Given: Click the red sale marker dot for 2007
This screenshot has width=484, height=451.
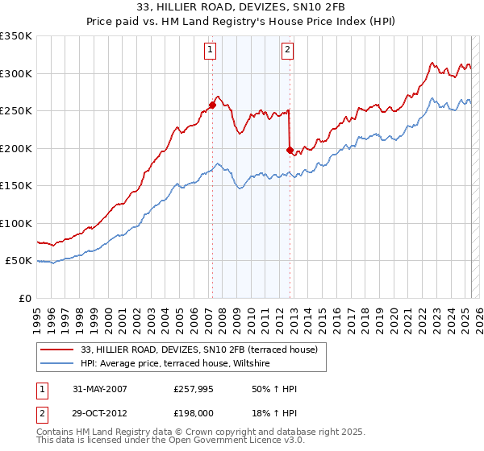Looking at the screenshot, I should [x=212, y=105].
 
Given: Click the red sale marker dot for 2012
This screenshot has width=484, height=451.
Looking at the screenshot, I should [x=290, y=149].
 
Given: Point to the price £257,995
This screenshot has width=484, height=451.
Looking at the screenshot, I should [x=196, y=389].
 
